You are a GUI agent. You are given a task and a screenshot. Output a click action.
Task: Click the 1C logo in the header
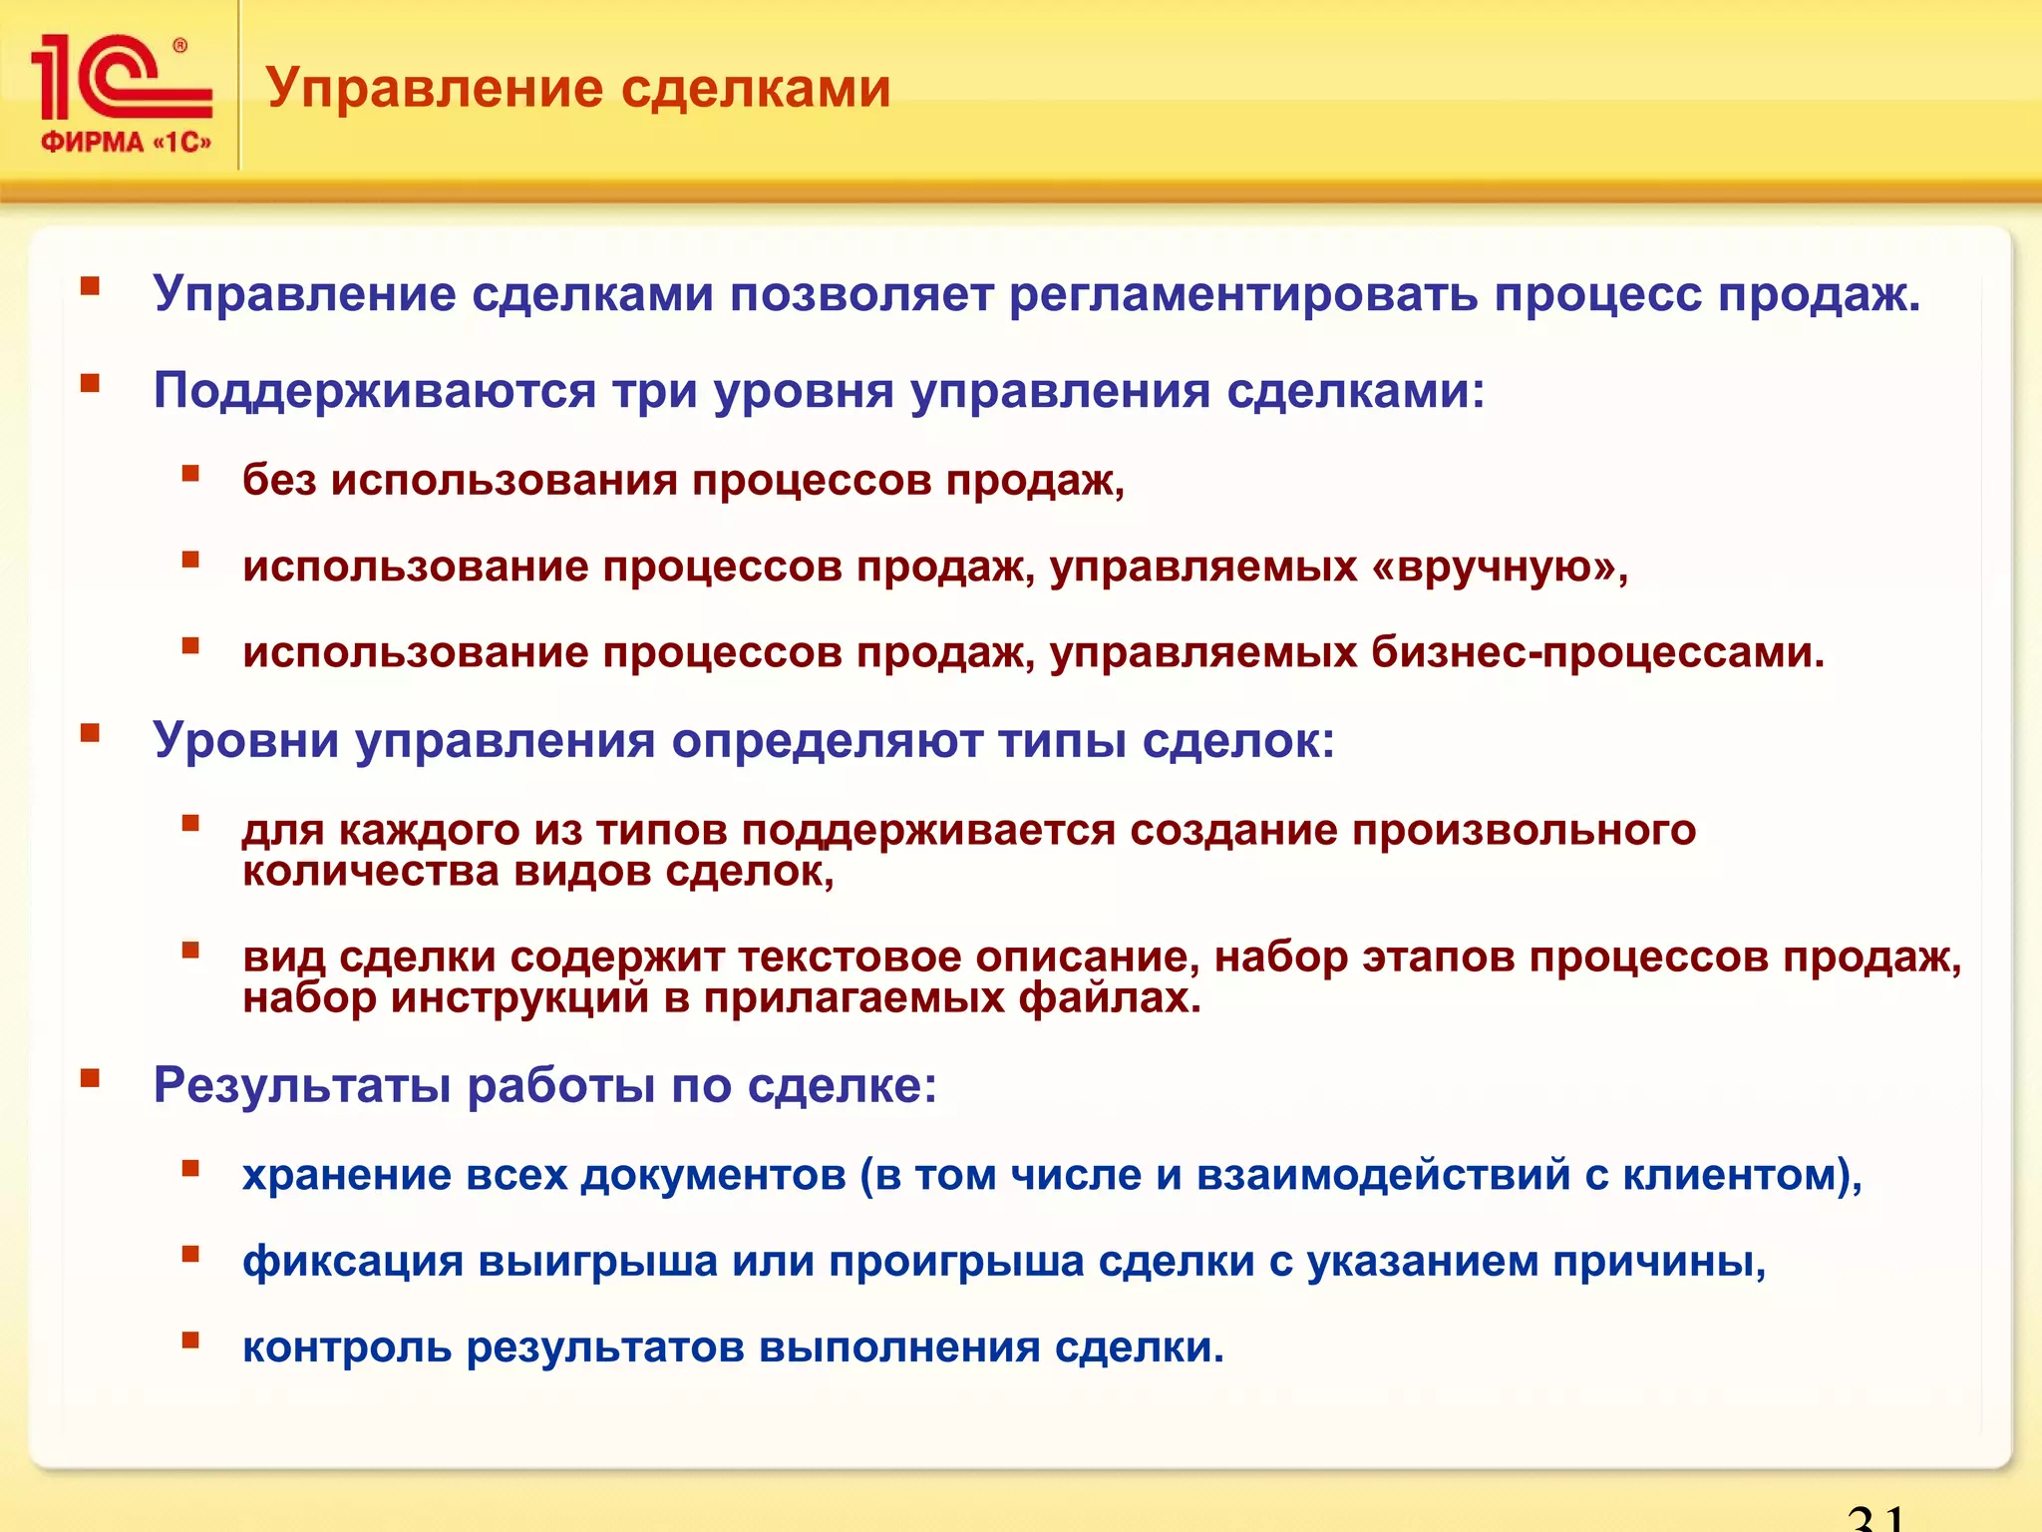(x=120, y=78)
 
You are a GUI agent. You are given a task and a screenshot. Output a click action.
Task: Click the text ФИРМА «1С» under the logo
(x=126, y=143)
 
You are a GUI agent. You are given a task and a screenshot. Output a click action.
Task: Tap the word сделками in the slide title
(x=755, y=88)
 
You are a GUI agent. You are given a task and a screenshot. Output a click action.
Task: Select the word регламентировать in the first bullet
(x=1242, y=294)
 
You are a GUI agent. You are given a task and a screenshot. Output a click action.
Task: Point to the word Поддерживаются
(x=374, y=391)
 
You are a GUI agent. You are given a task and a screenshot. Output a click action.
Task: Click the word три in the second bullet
(x=654, y=391)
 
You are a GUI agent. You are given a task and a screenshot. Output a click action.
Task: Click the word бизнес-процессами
(x=1597, y=652)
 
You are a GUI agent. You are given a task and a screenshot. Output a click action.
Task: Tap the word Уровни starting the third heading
(x=245, y=740)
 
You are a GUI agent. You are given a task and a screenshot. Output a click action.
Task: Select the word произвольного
(x=1524, y=830)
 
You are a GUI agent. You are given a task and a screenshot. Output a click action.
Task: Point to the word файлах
(x=1109, y=998)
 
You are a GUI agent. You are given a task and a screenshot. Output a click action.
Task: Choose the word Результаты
(x=301, y=1085)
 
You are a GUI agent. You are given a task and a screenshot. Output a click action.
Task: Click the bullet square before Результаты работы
(x=91, y=1077)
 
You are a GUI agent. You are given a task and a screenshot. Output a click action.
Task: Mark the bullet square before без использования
(x=190, y=473)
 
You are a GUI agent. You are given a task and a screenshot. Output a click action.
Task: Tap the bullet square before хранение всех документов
(x=190, y=1168)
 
